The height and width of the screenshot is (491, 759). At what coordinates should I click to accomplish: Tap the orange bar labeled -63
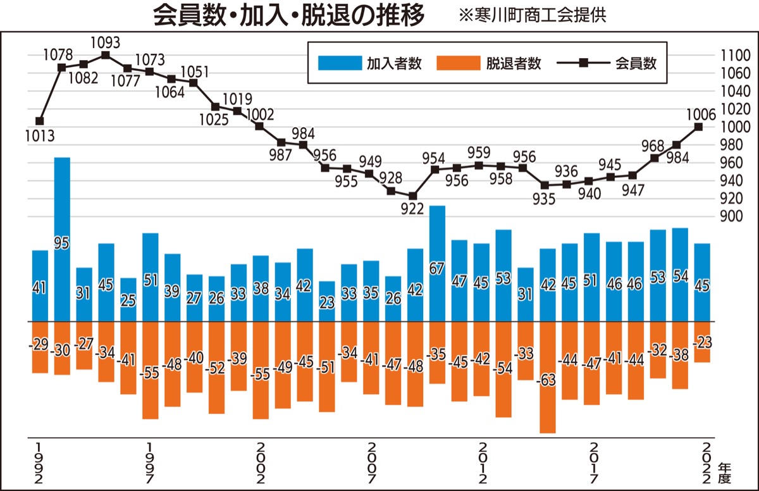(x=547, y=377)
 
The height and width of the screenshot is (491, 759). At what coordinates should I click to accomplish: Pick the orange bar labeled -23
(x=702, y=342)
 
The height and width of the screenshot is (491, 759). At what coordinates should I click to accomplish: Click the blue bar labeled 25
(x=128, y=299)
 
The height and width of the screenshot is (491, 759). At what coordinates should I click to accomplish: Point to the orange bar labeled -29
(x=40, y=347)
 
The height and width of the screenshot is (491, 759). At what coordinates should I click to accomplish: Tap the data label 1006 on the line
(x=700, y=115)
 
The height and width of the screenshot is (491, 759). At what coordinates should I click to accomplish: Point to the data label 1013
(x=40, y=135)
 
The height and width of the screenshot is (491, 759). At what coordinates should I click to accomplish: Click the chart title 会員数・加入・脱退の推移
(x=289, y=16)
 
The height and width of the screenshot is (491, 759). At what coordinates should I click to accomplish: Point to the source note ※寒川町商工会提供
(x=533, y=16)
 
